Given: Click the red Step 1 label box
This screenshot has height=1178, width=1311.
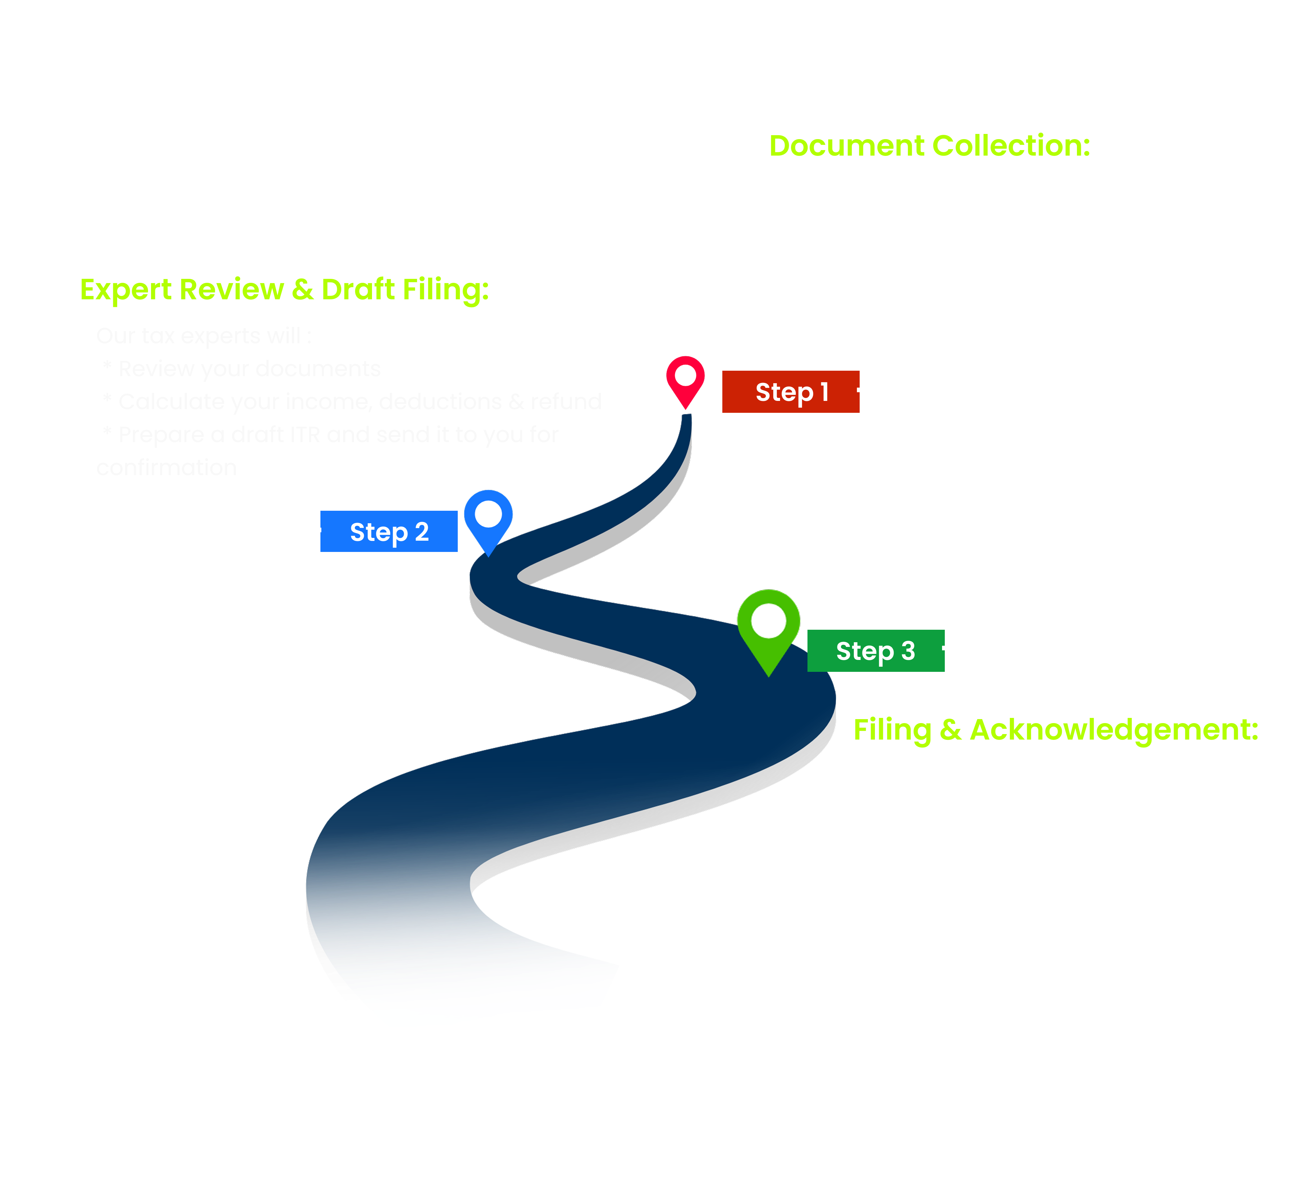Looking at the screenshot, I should click(x=790, y=391).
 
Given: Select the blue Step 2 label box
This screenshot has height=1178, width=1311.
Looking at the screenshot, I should click(x=389, y=531).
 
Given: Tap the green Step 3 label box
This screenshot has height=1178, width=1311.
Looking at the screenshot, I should click(x=875, y=650).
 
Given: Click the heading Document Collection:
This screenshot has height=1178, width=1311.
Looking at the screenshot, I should click(x=930, y=146).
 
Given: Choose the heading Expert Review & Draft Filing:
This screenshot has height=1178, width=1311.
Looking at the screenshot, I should click(x=284, y=289).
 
